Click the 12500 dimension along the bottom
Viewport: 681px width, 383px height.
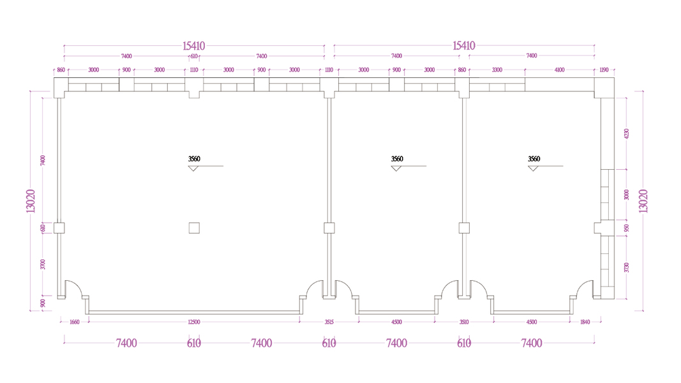(194, 322)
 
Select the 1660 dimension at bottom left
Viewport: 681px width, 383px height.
(73, 322)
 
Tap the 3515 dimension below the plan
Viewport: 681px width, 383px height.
(329, 322)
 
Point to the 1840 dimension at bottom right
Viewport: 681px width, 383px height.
(585, 322)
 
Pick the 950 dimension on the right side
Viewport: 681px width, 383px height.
(627, 228)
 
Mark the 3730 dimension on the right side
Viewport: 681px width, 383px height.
(627, 267)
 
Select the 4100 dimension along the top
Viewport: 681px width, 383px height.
(560, 70)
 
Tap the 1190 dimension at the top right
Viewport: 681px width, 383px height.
(604, 70)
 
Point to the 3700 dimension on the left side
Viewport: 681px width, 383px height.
(43, 264)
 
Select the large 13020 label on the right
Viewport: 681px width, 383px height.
(643, 201)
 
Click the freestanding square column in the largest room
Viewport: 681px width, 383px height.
(194, 227)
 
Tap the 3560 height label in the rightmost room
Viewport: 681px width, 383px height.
(534, 159)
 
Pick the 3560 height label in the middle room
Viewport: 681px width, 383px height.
(397, 159)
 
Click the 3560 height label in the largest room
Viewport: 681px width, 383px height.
(194, 159)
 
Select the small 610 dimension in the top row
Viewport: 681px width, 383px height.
(194, 56)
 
